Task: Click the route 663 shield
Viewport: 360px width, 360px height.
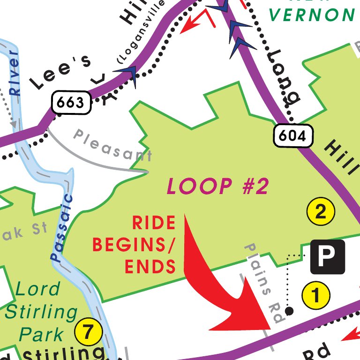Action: (71, 102)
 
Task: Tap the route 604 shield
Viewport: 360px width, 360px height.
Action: (293, 136)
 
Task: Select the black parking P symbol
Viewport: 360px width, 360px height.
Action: (327, 257)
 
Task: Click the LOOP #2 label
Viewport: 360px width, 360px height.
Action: (218, 187)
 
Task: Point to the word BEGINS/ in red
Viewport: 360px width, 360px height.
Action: (133, 244)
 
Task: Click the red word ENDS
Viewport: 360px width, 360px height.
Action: (150, 267)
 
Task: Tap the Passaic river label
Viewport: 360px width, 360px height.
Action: (62, 228)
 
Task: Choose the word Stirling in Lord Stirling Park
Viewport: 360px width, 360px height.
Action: (41, 311)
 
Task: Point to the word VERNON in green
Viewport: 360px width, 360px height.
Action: (312, 15)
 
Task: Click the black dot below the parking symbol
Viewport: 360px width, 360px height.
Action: (289, 310)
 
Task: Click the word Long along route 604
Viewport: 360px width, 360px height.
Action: (283, 77)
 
